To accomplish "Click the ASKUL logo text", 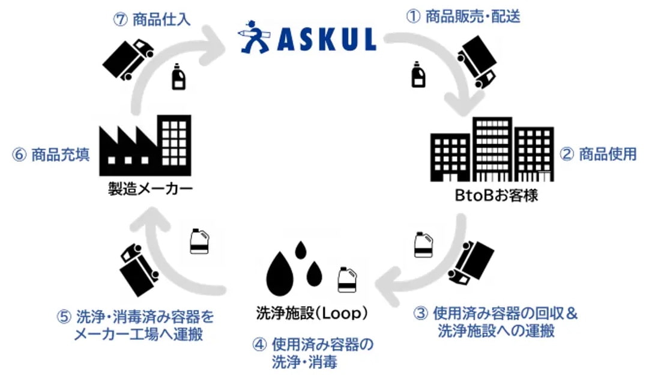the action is (x=327, y=38).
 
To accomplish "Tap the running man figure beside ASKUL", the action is (x=254, y=37).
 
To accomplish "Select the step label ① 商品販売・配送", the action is (x=463, y=16).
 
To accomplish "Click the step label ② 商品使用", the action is (x=598, y=154).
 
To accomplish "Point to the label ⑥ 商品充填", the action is (x=51, y=155).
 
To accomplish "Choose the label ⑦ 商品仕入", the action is (x=152, y=19).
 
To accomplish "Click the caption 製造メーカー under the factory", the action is (x=150, y=189).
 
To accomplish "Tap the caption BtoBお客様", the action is (x=496, y=195).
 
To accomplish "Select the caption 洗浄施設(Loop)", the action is (x=312, y=313).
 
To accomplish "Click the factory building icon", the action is (x=145, y=145).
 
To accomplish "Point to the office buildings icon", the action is (x=492, y=150).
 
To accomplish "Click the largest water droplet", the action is (x=280, y=271).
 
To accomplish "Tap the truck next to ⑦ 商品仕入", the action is (x=128, y=59).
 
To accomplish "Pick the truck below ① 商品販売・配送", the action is (x=477, y=62).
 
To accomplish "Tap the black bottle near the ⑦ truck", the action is (x=178, y=77).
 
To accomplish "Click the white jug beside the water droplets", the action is (x=347, y=280).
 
